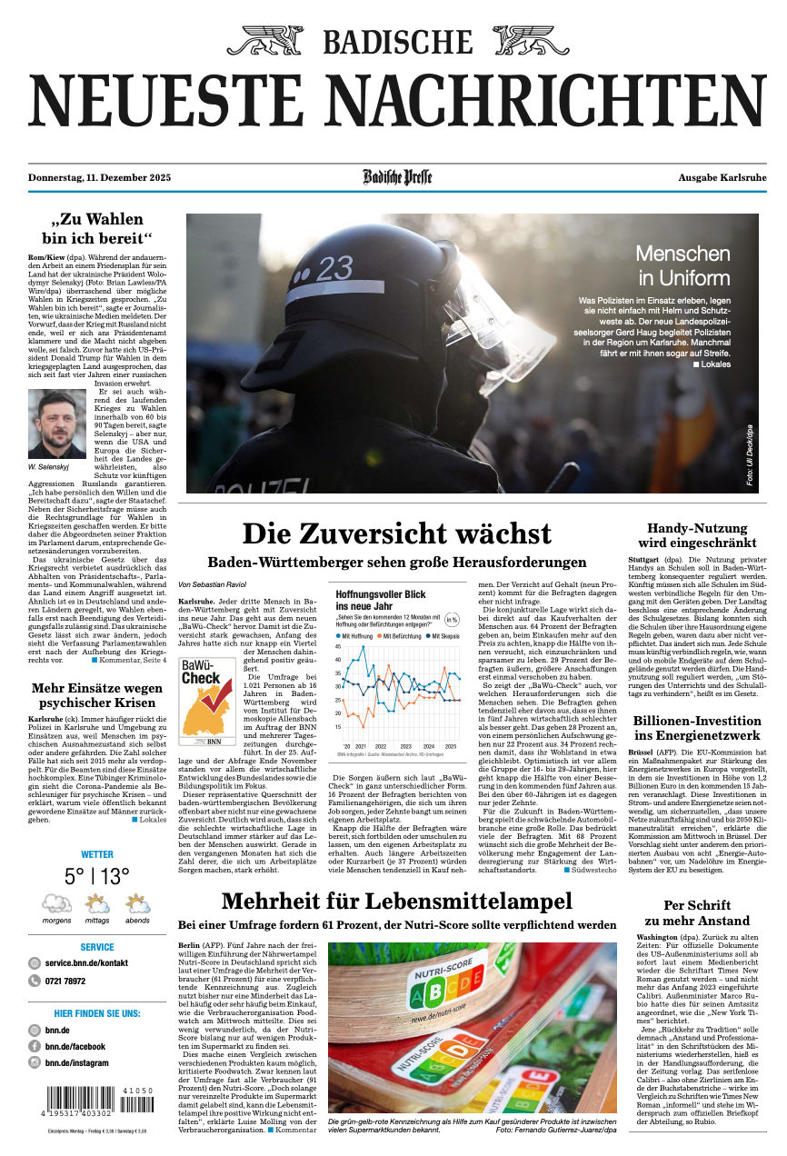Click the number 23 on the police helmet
click(334, 268)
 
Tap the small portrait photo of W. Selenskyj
click(57, 424)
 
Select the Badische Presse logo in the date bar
click(398, 177)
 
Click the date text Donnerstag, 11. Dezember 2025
click(100, 178)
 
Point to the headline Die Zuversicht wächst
click(396, 533)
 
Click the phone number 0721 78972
click(65, 982)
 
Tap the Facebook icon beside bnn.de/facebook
click(35, 1046)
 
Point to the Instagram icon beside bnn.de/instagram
click(35, 1062)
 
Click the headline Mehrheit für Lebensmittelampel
click(396, 902)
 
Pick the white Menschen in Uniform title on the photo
click(682, 265)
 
